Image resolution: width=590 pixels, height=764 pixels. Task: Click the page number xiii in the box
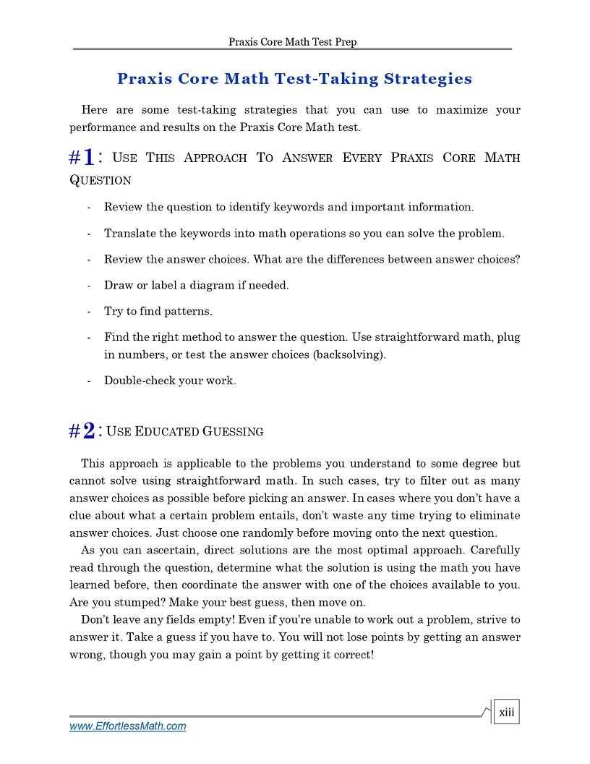[x=506, y=713]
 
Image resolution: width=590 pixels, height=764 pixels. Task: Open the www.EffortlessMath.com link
[x=127, y=726]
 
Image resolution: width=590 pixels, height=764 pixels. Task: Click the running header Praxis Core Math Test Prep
[x=292, y=42]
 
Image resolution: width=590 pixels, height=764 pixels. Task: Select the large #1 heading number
[x=82, y=157]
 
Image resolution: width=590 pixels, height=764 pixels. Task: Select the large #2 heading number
[x=82, y=431]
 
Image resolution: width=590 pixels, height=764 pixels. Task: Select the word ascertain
[x=159, y=551]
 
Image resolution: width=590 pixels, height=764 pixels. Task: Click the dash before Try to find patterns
[x=88, y=311]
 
